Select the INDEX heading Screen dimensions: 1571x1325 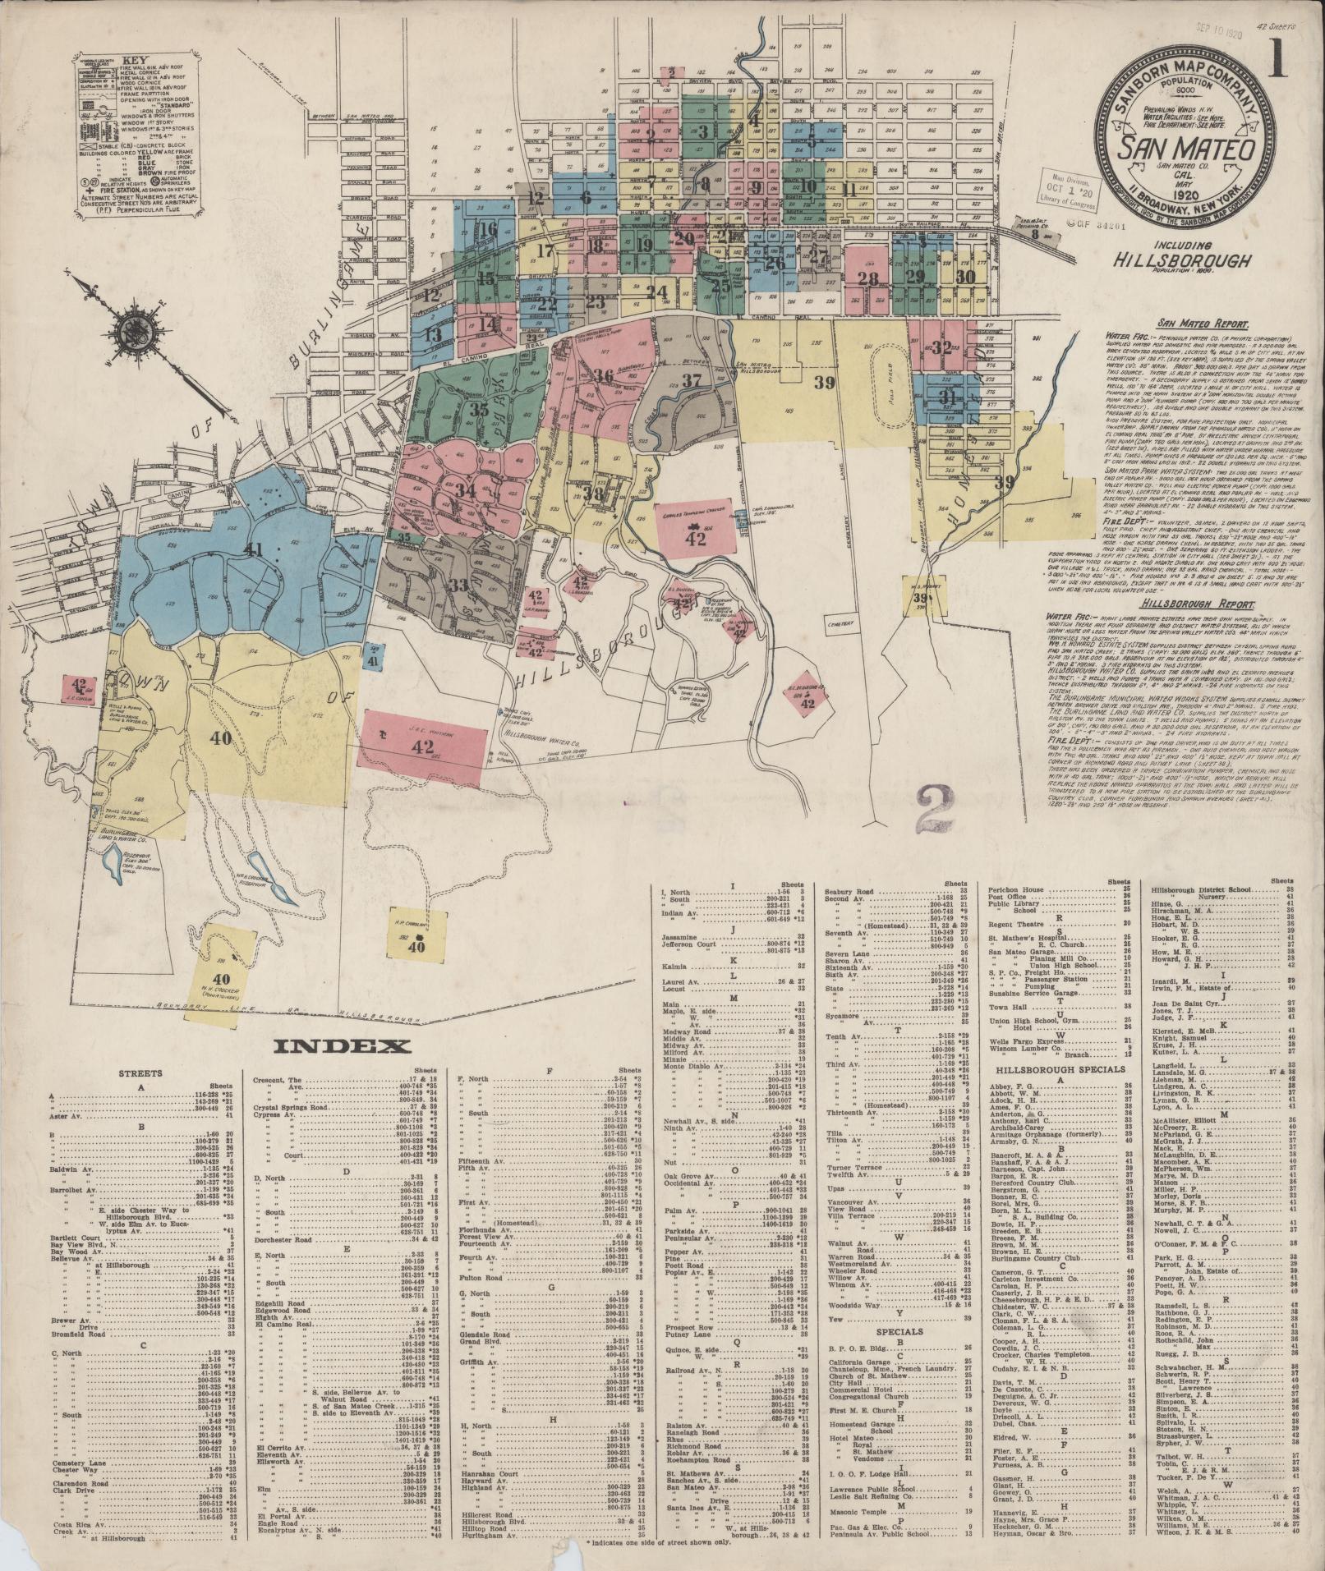(x=343, y=1046)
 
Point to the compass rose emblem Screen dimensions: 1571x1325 (x=131, y=331)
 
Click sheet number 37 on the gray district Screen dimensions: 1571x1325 (x=691, y=380)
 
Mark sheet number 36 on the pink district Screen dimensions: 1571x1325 (x=604, y=375)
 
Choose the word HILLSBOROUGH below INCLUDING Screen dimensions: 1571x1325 (x=1183, y=260)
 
